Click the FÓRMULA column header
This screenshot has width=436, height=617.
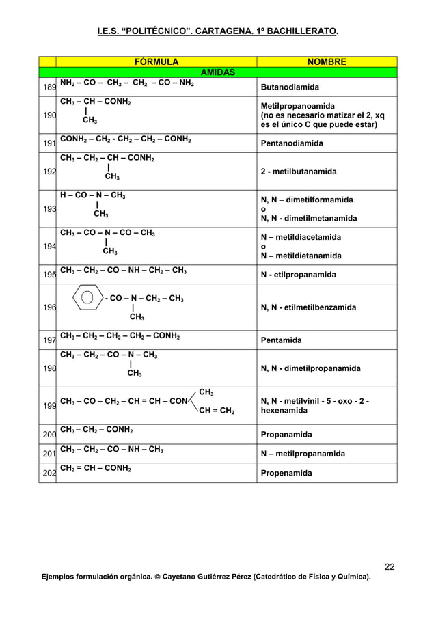156,62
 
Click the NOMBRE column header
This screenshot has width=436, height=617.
326,62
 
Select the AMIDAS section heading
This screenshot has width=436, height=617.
217,72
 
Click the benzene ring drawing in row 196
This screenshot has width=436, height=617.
87,299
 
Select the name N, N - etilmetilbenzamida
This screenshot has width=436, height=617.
308,307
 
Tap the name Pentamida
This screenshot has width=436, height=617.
284,340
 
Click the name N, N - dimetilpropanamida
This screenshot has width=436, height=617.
310,368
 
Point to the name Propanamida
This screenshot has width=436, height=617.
286,435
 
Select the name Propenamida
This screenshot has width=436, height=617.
286,473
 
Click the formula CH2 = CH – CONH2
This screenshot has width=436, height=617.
96,468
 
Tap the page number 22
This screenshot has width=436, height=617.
390,566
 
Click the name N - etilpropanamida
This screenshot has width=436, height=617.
298,275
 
